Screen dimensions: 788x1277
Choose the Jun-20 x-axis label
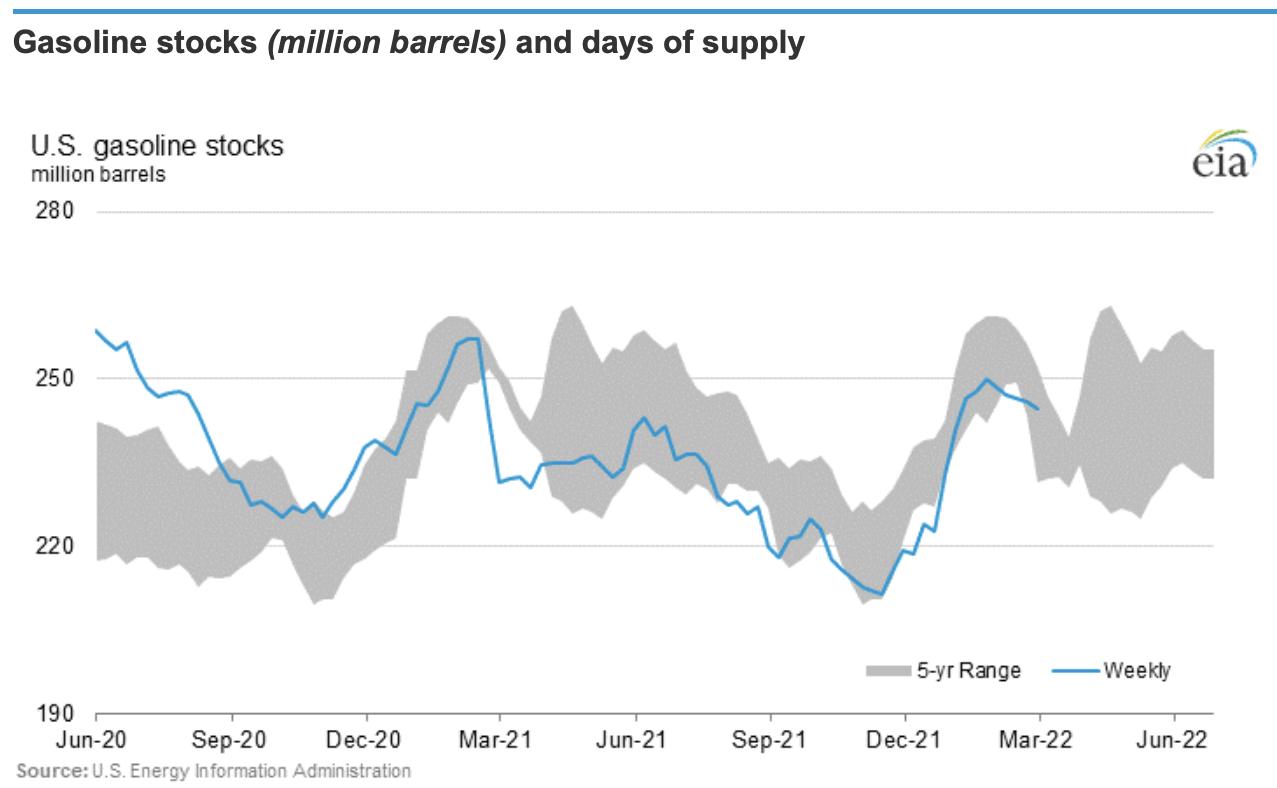[x=96, y=743]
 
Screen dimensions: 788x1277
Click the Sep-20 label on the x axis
[x=232, y=743]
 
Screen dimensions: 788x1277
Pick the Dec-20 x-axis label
[x=367, y=743]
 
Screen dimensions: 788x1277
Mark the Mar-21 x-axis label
[x=499, y=743]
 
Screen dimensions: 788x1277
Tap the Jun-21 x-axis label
[x=636, y=743]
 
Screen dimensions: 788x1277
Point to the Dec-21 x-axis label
[x=905, y=743]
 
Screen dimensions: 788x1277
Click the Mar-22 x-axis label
[x=1039, y=743]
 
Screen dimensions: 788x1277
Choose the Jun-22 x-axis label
[x=1173, y=743]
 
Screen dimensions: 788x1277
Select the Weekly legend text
[x=1137, y=670]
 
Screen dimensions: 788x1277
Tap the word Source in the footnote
[x=50, y=771]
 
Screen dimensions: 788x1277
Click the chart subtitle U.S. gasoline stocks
[x=157, y=147]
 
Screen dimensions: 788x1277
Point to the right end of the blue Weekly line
[x=1039, y=409]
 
